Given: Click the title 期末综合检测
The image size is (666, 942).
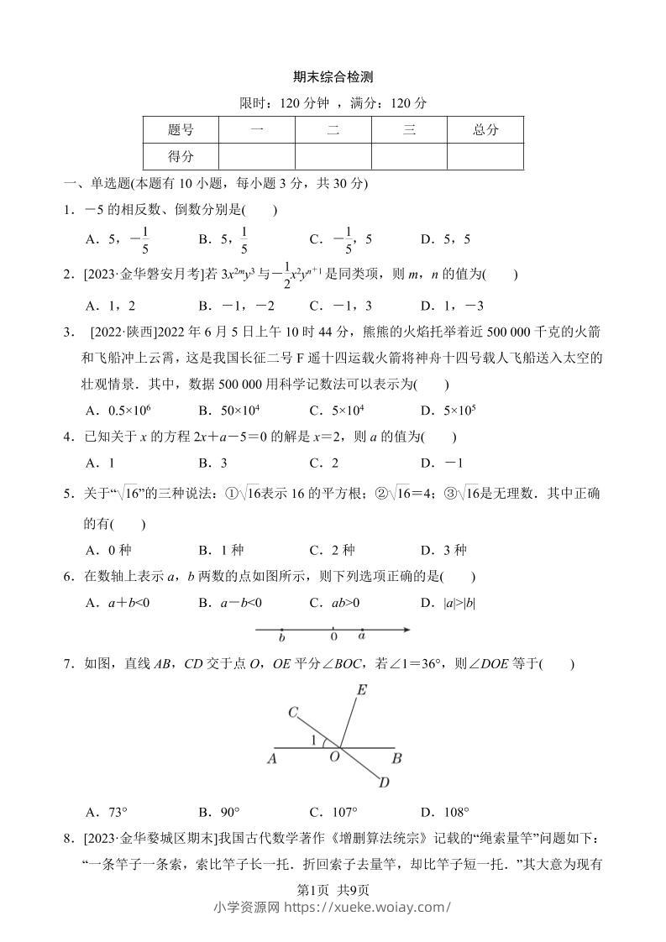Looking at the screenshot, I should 333,76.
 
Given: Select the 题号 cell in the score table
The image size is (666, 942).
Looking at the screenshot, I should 181,130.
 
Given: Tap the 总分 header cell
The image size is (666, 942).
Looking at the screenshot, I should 485,130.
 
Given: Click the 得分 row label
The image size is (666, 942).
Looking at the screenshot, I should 181,156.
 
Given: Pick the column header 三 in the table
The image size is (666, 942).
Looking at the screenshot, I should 409,130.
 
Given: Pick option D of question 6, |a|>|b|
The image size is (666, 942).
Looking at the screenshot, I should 448,602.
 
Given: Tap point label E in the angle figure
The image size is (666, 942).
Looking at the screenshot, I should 362,690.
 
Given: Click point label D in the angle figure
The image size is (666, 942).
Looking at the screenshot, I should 384,783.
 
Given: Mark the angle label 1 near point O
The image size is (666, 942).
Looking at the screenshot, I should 314,741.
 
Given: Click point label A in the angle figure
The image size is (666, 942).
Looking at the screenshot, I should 272,759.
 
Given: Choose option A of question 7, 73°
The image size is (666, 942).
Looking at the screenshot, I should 107,812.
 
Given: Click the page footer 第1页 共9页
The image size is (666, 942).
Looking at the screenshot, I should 333,891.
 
